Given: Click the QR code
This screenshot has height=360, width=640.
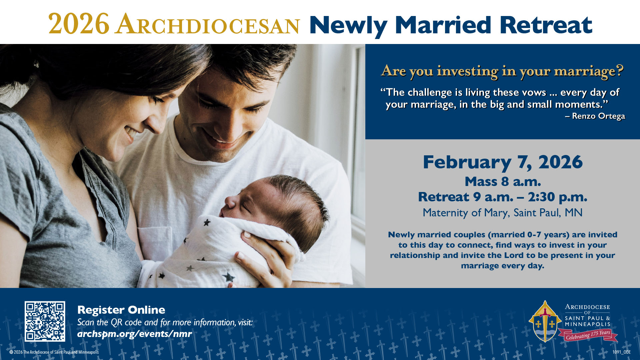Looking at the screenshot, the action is tap(45, 321).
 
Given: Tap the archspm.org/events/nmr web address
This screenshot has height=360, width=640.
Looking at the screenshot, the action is tap(134, 334).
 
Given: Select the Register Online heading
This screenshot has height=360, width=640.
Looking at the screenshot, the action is tap(121, 310).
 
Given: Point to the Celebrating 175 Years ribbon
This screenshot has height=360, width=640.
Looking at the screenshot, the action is tap(588, 335).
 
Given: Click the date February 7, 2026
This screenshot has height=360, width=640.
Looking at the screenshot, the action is tap(503, 162).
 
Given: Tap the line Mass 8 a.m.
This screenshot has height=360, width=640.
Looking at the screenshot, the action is tap(503, 182).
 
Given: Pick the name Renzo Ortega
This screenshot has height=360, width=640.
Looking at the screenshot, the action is tap(598, 116).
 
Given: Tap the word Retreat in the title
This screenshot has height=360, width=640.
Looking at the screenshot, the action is tap(546, 25).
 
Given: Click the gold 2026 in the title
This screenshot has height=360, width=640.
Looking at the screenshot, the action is tap(79, 24).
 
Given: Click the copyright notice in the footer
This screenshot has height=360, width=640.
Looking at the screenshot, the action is tap(54, 352).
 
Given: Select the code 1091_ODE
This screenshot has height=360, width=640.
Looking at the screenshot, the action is tap(621, 352).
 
